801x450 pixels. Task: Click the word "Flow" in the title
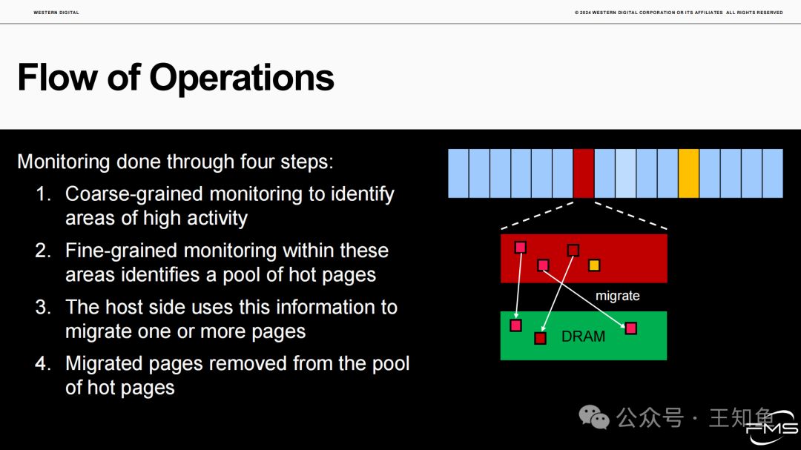(x=57, y=78)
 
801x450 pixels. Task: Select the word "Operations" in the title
(x=242, y=79)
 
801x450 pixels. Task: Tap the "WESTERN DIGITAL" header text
(x=56, y=13)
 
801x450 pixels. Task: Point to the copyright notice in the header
(x=679, y=13)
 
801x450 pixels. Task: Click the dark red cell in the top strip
(x=584, y=173)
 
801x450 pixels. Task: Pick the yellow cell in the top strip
(x=688, y=173)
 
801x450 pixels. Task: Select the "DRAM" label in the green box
(x=583, y=336)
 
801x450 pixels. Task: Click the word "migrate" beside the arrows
(x=618, y=296)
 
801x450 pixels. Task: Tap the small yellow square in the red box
(x=593, y=265)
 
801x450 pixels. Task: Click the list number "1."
(x=44, y=194)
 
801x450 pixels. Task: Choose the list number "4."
(x=44, y=364)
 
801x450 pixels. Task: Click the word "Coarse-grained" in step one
(x=134, y=195)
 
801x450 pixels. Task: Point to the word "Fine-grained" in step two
(x=122, y=251)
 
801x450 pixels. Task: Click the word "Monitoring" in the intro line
(x=64, y=162)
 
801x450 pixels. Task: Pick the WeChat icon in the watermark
(x=594, y=417)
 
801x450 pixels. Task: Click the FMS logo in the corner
(x=771, y=427)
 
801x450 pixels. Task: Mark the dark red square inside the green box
(x=540, y=338)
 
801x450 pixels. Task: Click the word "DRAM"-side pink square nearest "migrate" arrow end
(x=631, y=328)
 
